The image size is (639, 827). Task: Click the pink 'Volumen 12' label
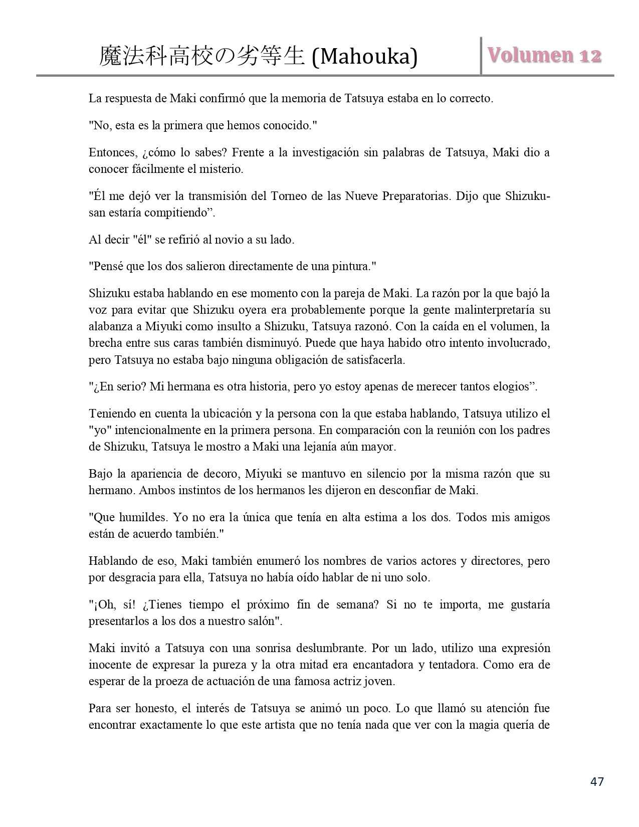(544, 56)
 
